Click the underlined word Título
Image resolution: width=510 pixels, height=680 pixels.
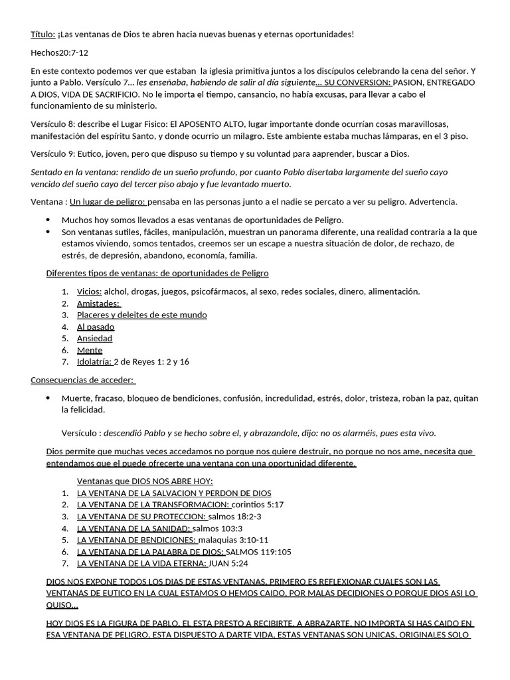coord(43,34)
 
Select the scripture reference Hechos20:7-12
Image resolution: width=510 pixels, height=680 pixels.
coord(60,52)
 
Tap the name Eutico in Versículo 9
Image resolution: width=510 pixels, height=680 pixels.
coord(90,153)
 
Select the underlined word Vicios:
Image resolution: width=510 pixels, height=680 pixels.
coord(90,291)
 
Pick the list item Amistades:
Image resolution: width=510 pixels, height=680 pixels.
coord(98,303)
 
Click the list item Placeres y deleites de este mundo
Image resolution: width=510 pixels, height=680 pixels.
coord(141,315)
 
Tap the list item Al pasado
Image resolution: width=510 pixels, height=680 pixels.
coord(96,327)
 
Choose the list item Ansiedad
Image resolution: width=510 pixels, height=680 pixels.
coord(94,338)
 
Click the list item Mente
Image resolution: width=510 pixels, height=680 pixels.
coord(90,350)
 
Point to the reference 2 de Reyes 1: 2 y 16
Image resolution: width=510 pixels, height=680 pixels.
coord(151,362)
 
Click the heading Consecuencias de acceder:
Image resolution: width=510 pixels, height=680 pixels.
coord(83,380)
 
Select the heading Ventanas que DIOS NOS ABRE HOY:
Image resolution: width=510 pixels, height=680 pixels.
coord(145,481)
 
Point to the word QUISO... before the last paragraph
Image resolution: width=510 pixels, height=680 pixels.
coord(62,606)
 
